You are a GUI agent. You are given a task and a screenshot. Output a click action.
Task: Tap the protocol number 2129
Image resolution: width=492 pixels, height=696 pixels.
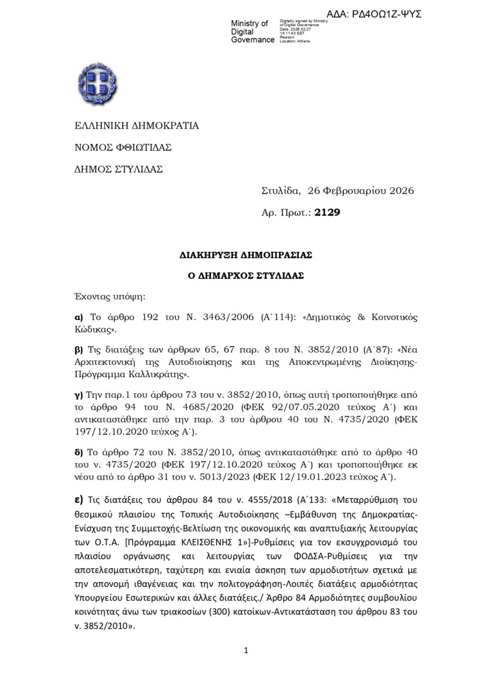[327, 213]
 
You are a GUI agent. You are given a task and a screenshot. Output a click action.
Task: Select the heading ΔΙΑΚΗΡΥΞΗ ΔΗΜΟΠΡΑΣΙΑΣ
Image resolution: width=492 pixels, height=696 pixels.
[246, 255]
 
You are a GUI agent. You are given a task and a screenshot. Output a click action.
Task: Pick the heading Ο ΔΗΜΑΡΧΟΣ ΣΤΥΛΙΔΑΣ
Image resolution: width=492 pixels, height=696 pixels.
[246, 276]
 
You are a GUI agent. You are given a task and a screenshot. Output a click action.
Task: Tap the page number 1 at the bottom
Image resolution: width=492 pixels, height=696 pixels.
[246, 651]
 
